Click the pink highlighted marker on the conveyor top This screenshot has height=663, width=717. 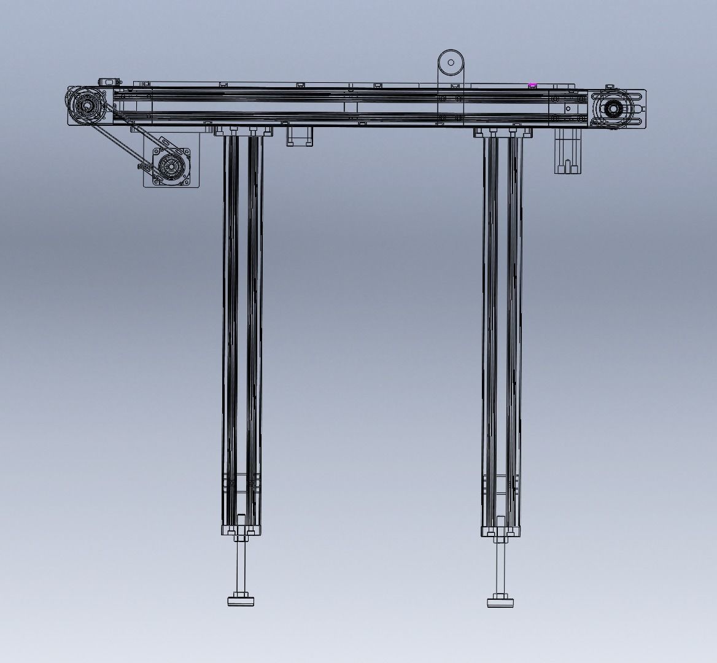(x=532, y=85)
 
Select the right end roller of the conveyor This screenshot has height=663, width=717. (x=612, y=109)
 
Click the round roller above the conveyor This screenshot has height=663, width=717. (x=451, y=62)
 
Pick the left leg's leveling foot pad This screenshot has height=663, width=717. (x=242, y=601)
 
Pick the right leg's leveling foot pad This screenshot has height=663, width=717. (x=502, y=602)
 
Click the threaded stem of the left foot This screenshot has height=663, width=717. (x=242, y=565)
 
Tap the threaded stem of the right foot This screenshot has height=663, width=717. (x=502, y=565)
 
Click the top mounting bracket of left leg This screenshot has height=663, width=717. (x=242, y=130)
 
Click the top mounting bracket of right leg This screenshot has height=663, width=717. (x=502, y=132)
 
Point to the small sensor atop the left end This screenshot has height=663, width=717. (x=109, y=82)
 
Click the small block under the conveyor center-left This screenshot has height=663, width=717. (x=300, y=136)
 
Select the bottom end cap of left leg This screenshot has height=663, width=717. (x=242, y=530)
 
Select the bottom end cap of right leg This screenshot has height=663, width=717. (x=502, y=531)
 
